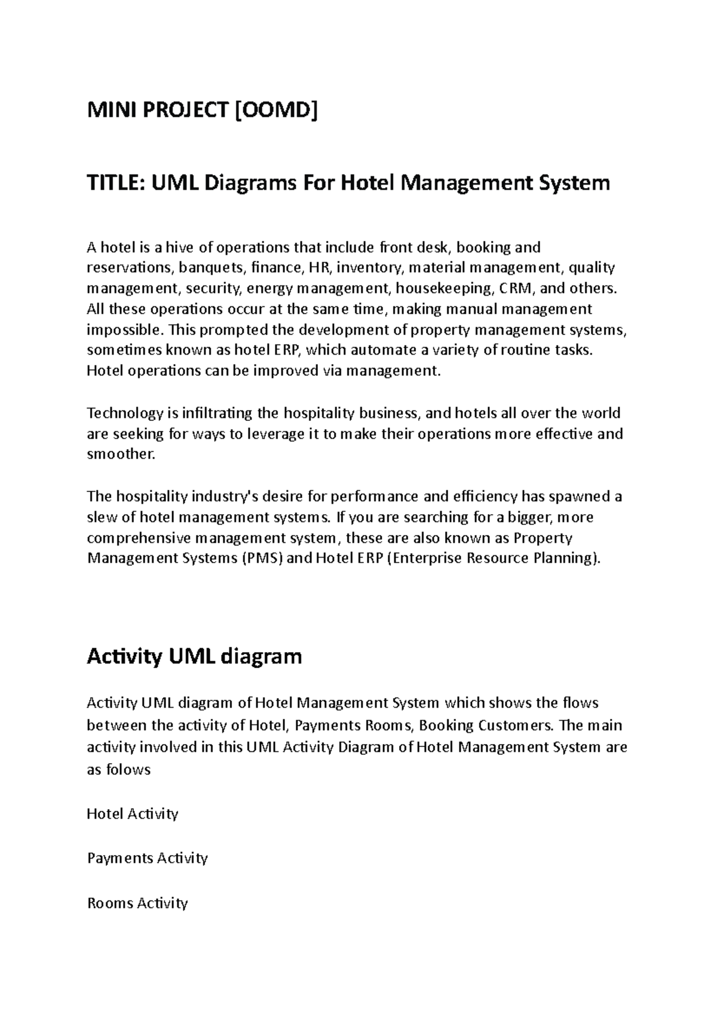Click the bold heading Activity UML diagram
point(194,657)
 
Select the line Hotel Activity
point(133,814)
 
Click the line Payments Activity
point(147,858)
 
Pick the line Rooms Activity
point(137,902)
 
